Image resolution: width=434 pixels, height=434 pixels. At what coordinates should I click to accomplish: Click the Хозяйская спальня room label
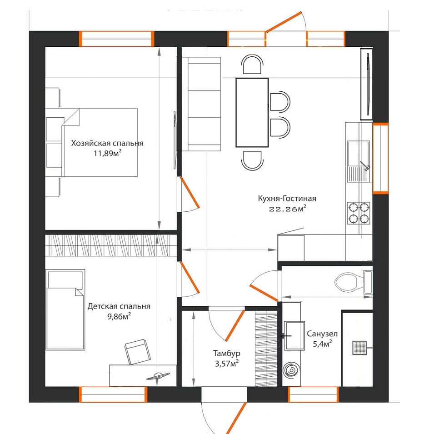[x=107, y=143]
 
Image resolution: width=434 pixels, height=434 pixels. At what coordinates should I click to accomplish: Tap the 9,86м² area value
[x=119, y=316]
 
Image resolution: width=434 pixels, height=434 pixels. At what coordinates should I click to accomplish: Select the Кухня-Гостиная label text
[x=287, y=199]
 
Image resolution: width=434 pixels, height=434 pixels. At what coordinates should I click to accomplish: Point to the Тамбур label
[x=227, y=354]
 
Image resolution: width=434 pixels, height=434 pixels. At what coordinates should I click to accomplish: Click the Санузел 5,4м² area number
[x=323, y=344]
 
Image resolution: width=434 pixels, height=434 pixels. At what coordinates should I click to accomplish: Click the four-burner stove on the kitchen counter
[x=359, y=213]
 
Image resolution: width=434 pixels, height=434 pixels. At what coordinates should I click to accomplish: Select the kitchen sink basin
[x=359, y=154]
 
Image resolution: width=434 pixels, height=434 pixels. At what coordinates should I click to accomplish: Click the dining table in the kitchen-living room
[x=252, y=113]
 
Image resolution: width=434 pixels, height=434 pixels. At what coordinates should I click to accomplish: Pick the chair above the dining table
[x=252, y=65]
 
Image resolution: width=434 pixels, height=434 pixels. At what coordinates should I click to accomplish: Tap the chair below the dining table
[x=252, y=160]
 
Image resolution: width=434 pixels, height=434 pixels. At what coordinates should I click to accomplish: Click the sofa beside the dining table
[x=201, y=104]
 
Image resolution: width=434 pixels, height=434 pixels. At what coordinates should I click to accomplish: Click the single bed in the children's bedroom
[x=65, y=310]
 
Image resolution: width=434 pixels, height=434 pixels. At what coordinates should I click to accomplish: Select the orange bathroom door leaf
[x=264, y=293]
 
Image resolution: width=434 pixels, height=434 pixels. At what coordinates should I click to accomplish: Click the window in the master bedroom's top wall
[x=116, y=39]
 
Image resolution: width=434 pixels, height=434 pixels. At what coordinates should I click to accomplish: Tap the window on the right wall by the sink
[x=380, y=159]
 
